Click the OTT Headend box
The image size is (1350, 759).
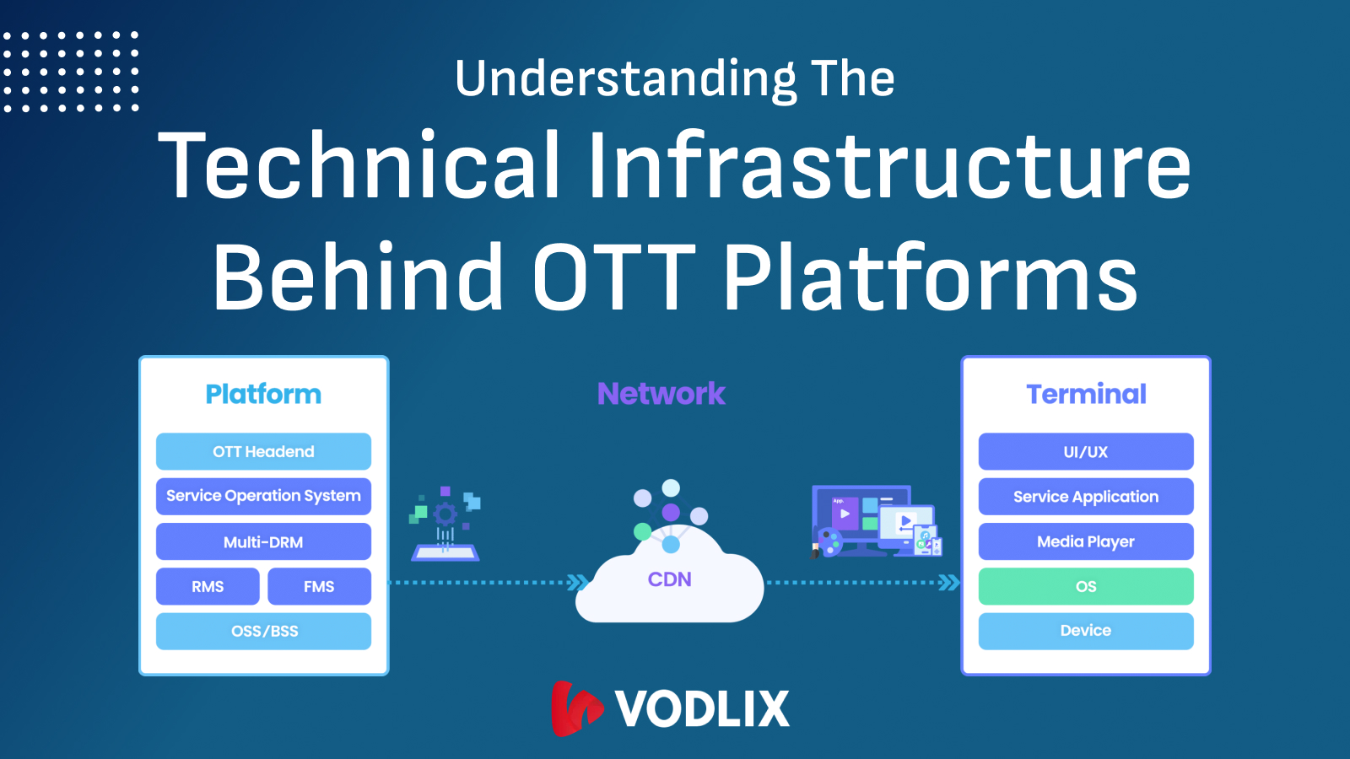point(263,451)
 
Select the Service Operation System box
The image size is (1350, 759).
point(263,496)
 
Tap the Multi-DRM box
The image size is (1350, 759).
point(263,541)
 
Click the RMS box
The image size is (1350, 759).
point(208,586)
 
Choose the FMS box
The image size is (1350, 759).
point(319,586)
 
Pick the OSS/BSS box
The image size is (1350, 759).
point(263,631)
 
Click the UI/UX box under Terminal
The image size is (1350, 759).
point(1086,451)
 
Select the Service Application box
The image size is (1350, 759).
point(1086,496)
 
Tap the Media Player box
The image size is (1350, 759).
point(1086,541)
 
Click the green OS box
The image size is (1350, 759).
point(1086,586)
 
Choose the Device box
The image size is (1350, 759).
point(1086,631)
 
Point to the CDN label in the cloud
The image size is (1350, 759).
point(669,579)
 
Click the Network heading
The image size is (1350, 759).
point(661,394)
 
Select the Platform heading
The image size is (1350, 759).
point(263,394)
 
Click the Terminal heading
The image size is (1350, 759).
point(1086,394)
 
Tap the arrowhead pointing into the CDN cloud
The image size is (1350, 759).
point(578,582)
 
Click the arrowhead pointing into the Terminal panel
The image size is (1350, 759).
point(949,582)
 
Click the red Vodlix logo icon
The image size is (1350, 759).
point(575,708)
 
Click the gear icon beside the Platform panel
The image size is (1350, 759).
point(445,514)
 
